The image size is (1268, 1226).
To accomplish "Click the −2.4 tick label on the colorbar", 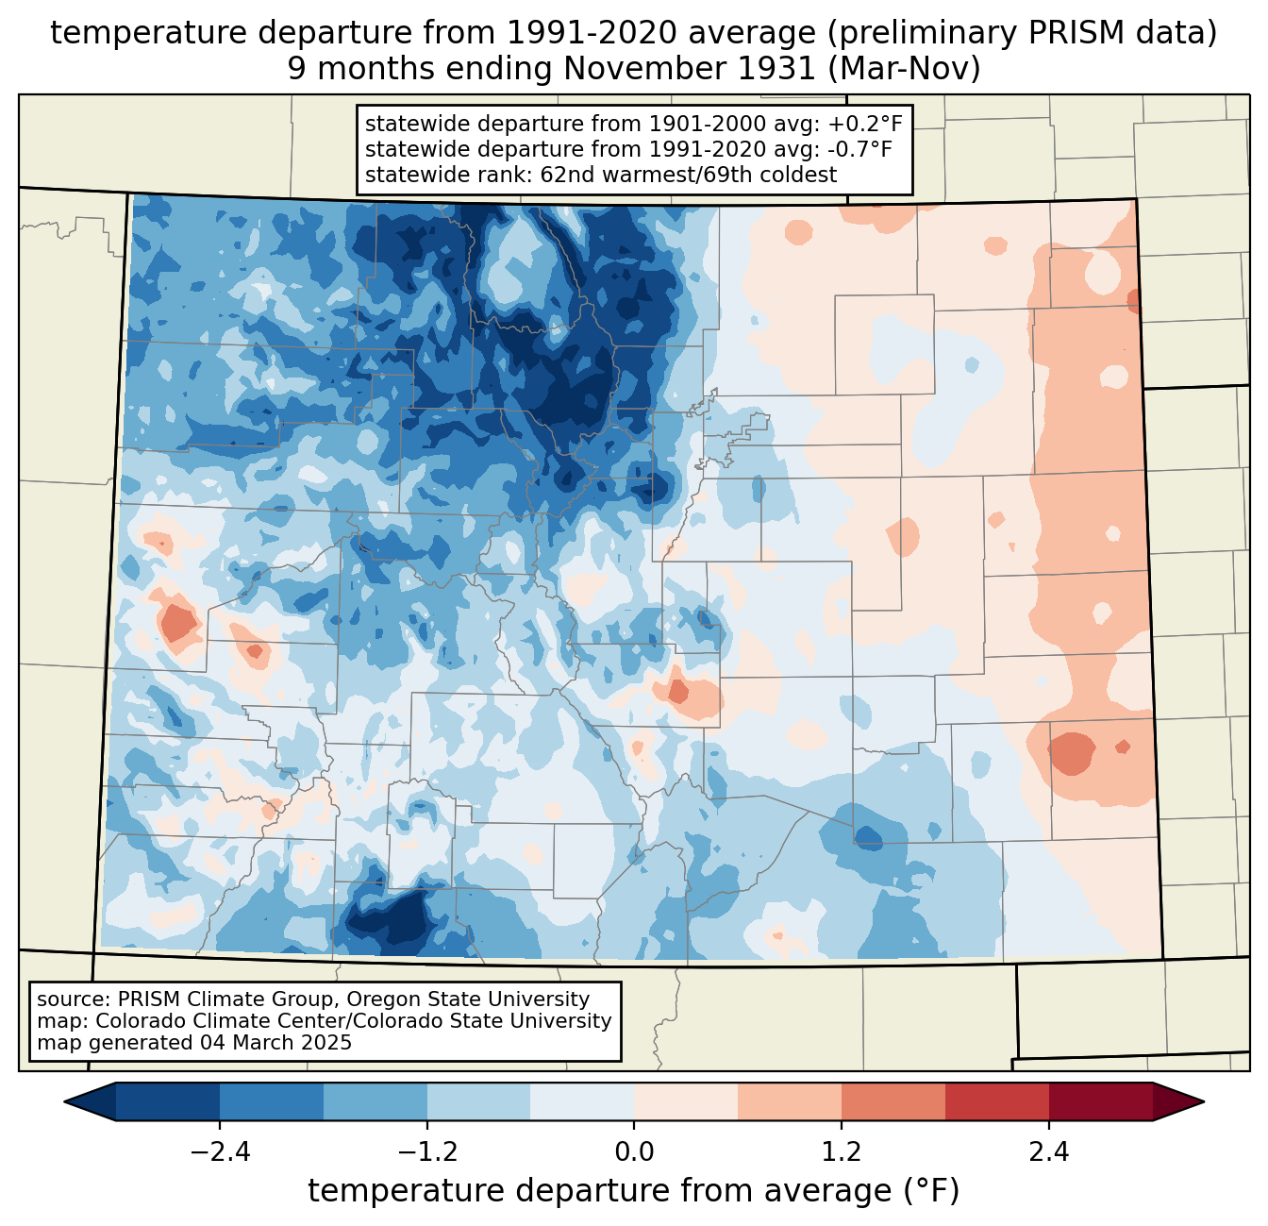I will click(x=219, y=1152).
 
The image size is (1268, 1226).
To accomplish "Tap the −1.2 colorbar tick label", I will click(x=426, y=1152).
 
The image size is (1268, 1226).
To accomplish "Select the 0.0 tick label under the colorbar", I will click(x=634, y=1152).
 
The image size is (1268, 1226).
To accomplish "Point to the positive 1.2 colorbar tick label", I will click(x=842, y=1152).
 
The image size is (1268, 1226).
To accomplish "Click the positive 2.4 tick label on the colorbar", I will click(x=1049, y=1152).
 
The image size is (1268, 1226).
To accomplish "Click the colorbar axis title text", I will click(x=634, y=1191).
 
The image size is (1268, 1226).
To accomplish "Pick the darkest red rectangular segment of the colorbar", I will click(x=1100, y=1101).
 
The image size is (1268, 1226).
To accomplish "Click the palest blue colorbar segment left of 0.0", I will click(x=582, y=1101).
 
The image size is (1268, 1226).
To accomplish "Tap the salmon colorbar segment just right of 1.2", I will click(x=893, y=1101).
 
